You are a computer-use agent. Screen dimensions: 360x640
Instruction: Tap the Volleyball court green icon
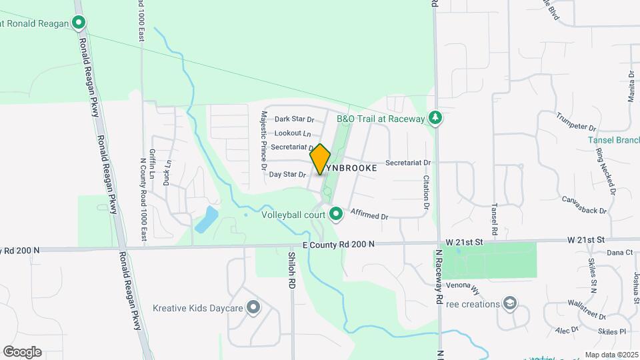pos(337,214)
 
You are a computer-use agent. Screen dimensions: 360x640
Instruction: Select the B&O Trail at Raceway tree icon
pos(435,118)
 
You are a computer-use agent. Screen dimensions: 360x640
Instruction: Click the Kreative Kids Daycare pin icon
pos(253,307)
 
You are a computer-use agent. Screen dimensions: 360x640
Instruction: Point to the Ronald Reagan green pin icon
pos(79,24)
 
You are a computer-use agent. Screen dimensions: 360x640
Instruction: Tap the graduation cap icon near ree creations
pos(511,304)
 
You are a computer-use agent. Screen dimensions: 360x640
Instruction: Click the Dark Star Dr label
pos(294,119)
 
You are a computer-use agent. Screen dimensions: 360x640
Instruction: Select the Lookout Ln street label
pos(293,133)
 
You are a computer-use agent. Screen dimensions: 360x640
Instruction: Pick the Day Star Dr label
pos(287,175)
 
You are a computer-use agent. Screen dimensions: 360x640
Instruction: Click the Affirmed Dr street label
pos(369,215)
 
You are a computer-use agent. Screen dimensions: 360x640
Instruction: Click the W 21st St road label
pos(586,239)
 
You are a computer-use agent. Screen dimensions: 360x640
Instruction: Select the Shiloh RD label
pos(291,270)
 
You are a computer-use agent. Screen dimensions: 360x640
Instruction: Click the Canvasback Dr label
pos(584,205)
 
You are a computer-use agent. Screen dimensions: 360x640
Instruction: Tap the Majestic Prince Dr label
pos(265,137)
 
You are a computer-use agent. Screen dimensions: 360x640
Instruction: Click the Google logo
pos(22,352)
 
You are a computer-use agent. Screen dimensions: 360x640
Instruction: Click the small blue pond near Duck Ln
pos(207,218)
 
